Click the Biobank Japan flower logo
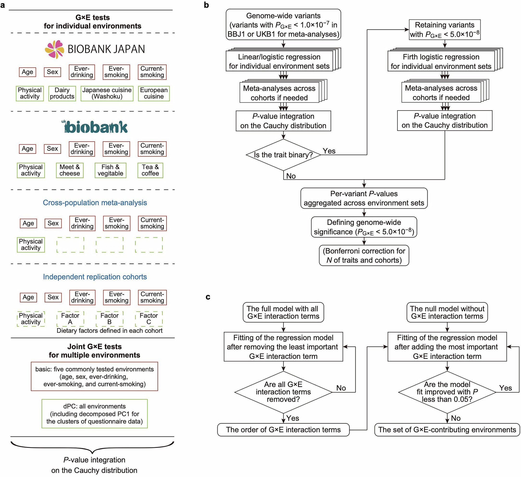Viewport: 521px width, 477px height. (55, 49)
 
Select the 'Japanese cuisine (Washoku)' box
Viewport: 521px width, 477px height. (107, 93)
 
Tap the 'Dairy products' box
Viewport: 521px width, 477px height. (62, 93)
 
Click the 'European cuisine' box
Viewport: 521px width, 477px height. (154, 93)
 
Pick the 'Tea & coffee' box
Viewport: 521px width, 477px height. (150, 170)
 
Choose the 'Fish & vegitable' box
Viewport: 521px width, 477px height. (110, 170)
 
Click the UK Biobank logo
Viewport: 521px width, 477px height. (95, 127)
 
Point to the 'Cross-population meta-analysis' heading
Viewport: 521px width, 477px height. (95, 203)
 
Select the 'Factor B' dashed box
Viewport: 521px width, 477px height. (110, 319)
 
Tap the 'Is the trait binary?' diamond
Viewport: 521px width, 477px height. (283, 155)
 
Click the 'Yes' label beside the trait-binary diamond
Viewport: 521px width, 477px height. (329, 151)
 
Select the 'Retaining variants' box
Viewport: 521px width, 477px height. (445, 30)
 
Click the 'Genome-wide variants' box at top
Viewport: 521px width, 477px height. (283, 25)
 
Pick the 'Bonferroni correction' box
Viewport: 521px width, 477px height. (364, 255)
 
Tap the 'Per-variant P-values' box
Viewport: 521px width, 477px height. (364, 198)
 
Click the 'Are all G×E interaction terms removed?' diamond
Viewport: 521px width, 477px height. (283, 392)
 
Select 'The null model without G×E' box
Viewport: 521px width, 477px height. (447, 312)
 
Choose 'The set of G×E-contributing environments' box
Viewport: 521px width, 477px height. (447, 430)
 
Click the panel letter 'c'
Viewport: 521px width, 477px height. (208, 297)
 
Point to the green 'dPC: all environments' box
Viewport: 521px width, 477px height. (95, 414)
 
